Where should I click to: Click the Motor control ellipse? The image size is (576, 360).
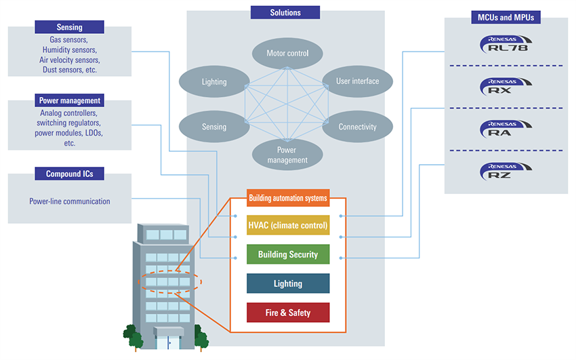point(287,53)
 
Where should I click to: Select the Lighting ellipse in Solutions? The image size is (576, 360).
point(214,81)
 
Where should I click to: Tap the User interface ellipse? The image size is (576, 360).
point(357,81)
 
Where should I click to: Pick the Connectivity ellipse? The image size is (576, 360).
point(357,127)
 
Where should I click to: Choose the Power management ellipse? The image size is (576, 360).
point(287,155)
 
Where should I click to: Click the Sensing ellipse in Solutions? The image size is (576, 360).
point(214,127)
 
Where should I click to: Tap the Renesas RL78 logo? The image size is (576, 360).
point(505,45)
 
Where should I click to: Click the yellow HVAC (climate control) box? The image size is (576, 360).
point(288,225)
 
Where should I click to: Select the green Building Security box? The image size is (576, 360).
point(288,254)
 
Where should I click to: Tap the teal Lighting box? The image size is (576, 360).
point(288,283)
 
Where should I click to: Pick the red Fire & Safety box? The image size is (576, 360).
point(288,313)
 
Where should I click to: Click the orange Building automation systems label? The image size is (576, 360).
point(288,198)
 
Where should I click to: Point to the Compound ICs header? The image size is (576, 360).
point(70,174)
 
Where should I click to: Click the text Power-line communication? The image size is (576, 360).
point(70,201)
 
